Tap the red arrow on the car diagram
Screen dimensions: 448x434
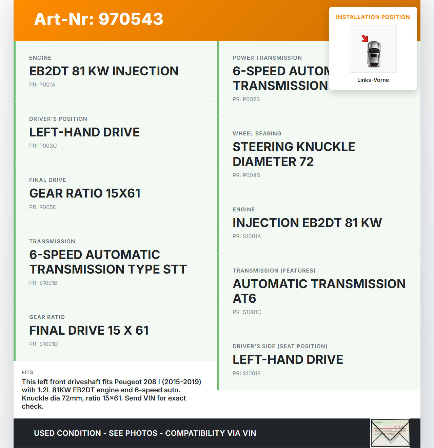coord(365,38)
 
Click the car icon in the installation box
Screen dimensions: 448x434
coord(374,54)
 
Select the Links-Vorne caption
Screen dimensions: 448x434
coord(373,80)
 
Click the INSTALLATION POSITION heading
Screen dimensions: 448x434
coord(373,17)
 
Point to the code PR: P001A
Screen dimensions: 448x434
coord(42,85)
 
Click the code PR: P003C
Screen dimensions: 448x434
coord(43,146)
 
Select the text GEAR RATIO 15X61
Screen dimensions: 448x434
coord(85,193)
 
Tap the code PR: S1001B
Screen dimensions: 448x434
coord(43,283)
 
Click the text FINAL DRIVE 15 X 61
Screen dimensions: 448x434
coord(89,330)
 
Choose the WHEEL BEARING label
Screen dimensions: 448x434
coord(257,133)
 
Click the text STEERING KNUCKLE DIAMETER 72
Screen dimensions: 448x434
coord(294,154)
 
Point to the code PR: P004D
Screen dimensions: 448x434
coord(246,175)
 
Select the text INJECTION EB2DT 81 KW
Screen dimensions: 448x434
coord(307,223)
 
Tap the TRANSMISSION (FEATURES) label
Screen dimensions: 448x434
coord(274,270)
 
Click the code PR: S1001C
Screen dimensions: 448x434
coord(246,312)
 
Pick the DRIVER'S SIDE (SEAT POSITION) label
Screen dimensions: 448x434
coord(280,346)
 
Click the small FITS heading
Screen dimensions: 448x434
coord(27,372)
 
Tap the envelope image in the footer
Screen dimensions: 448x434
coord(390,433)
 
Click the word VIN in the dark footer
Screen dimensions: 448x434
coord(249,433)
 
